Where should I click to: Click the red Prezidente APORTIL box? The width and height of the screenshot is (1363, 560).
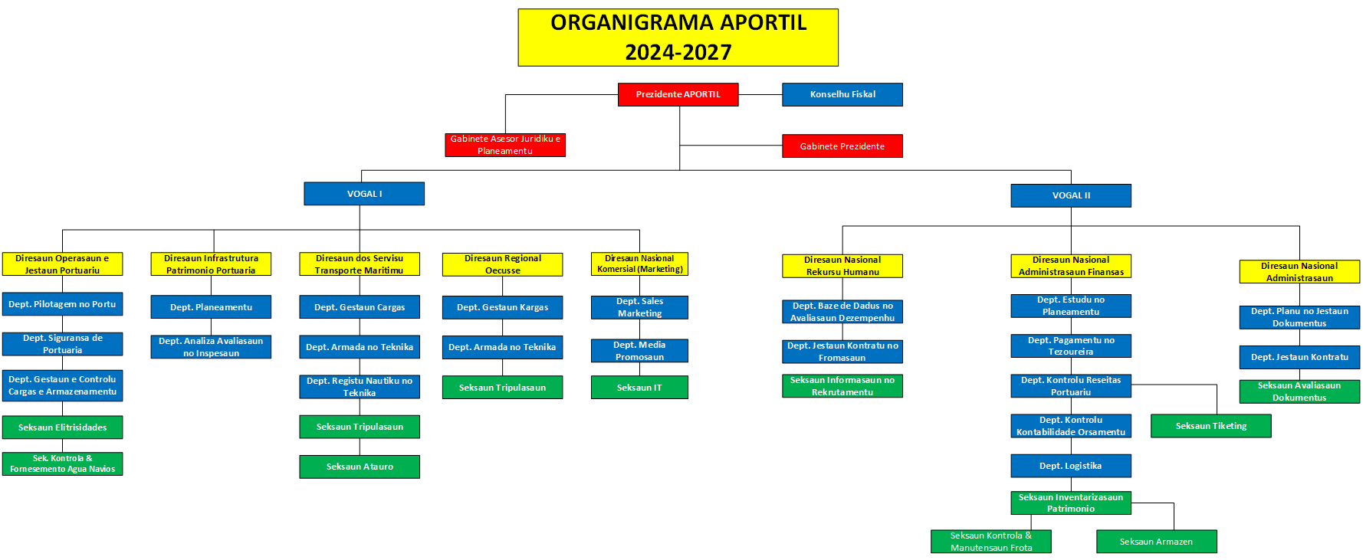point(678,94)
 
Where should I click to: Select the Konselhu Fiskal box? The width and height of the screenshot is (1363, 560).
point(842,94)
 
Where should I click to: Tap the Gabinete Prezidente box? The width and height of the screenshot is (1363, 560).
point(842,146)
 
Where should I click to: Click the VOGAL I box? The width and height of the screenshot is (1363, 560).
point(364,194)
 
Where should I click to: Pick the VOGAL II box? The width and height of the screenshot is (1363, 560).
point(1070,195)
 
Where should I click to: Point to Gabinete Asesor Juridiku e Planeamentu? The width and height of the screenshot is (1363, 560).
point(505,145)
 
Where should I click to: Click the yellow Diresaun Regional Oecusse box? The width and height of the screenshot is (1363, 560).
point(502,264)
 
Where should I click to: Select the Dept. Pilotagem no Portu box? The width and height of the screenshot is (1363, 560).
point(62,304)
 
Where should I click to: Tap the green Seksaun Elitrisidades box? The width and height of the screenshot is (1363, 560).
point(62,427)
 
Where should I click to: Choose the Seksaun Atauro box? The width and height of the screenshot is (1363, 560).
point(360,467)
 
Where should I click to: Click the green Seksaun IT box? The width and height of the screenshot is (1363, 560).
point(639,388)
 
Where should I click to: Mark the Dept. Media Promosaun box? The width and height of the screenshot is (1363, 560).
point(639,351)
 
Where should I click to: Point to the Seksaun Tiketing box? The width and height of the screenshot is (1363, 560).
point(1210,426)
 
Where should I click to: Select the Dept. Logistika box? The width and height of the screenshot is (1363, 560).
point(1070,466)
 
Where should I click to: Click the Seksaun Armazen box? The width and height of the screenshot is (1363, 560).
point(1156,542)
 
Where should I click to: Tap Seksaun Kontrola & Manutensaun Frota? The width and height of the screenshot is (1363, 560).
point(990,542)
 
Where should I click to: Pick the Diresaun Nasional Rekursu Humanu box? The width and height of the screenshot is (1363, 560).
point(842,266)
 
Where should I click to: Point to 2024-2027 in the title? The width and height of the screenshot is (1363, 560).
point(678,52)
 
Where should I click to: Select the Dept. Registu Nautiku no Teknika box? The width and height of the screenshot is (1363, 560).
point(360,387)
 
